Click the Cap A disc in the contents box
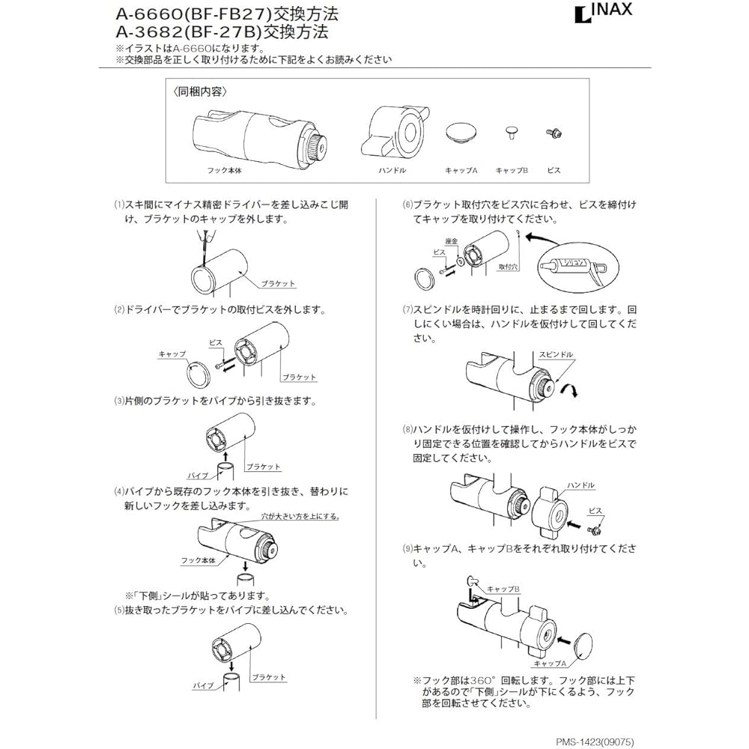pos(460,133)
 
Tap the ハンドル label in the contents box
pos(392,171)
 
